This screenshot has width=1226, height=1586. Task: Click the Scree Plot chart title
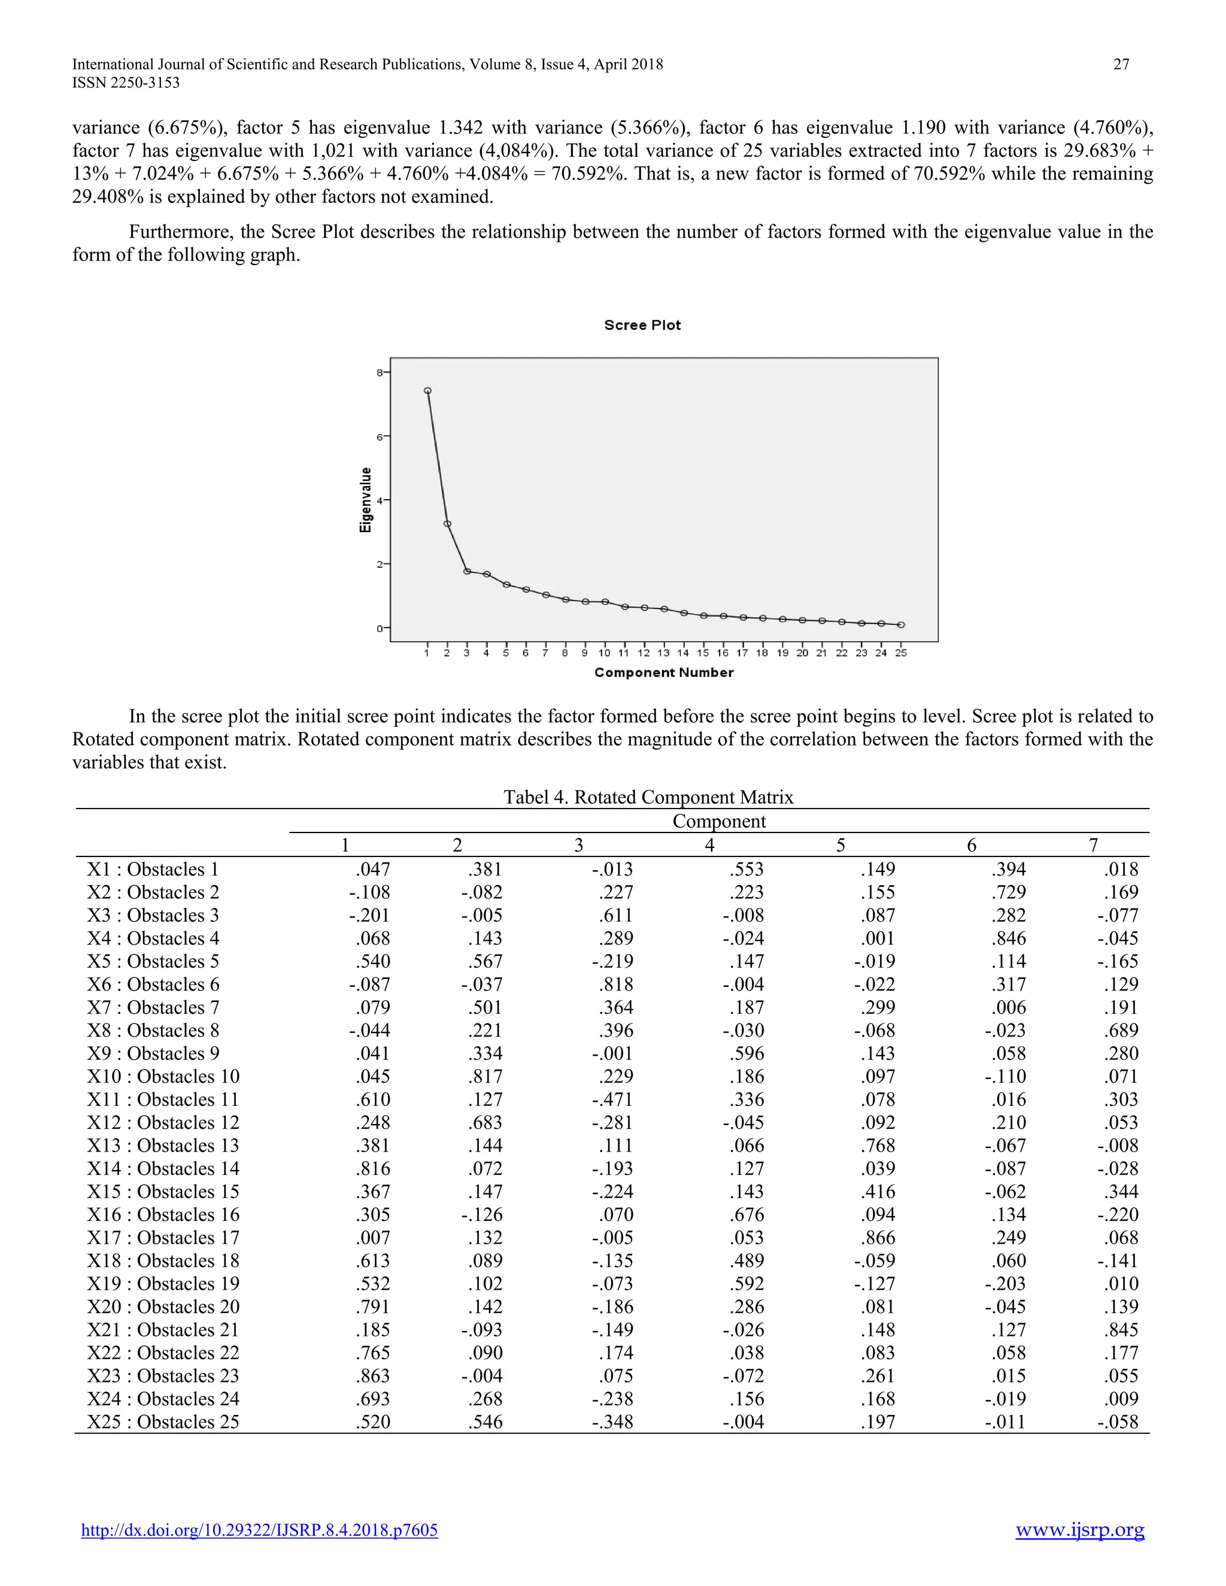click(642, 326)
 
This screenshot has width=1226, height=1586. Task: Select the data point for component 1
click(428, 391)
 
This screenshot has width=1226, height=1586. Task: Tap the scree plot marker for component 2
click(447, 524)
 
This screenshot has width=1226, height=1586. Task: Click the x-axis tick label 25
click(900, 653)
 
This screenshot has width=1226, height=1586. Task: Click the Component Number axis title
click(663, 673)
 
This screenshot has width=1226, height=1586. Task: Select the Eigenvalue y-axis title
click(365, 500)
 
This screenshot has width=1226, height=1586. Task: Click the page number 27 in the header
click(1121, 64)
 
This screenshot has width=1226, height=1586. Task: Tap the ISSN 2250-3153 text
click(126, 83)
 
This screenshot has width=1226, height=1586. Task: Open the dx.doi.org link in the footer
click(259, 1530)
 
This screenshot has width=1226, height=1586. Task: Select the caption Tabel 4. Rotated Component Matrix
click(648, 797)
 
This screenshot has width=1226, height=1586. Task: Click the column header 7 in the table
click(1093, 845)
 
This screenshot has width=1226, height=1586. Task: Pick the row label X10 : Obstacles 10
click(163, 1076)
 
